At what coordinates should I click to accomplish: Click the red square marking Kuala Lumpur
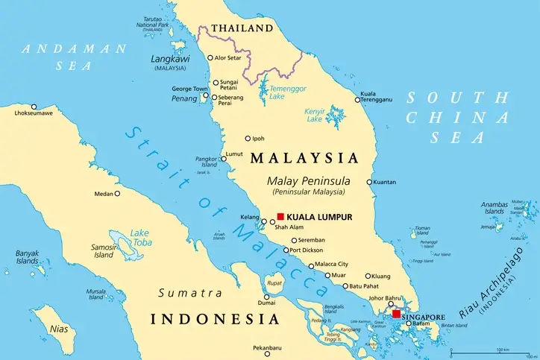[x=280, y=217]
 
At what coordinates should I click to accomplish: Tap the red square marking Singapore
[x=395, y=315]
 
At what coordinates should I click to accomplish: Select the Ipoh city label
[x=258, y=139]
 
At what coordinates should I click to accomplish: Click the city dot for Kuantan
[x=369, y=182]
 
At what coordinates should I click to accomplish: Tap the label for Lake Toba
[x=139, y=237]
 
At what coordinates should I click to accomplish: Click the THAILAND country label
[x=242, y=28]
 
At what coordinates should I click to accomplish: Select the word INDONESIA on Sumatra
[x=215, y=319]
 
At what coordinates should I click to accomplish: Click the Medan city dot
[x=117, y=194]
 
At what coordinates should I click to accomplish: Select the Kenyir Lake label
[x=318, y=116]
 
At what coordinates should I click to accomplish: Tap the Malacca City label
[x=331, y=265]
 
